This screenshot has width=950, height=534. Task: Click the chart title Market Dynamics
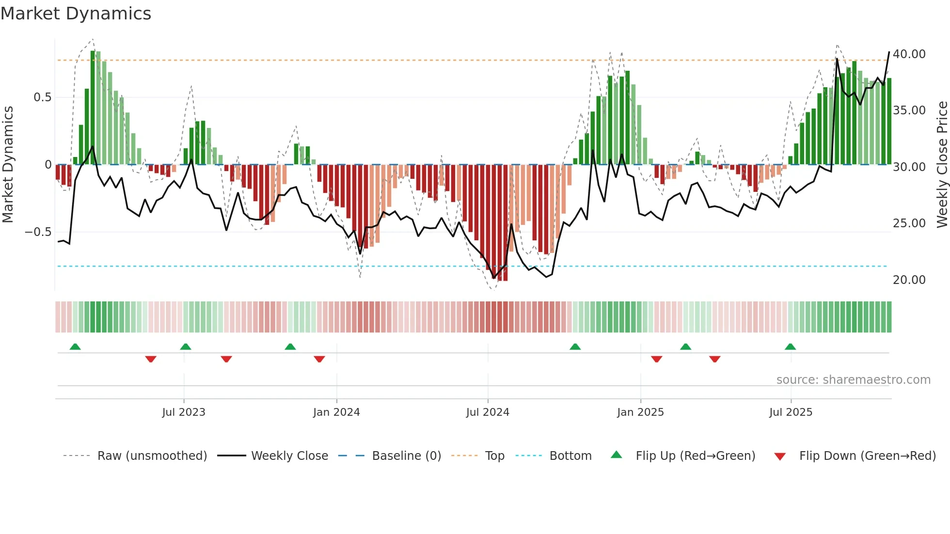pos(76,14)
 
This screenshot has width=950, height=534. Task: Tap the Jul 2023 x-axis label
pos(184,412)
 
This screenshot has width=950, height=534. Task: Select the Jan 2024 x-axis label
pos(336,412)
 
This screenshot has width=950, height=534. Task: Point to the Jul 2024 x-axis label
pos(488,412)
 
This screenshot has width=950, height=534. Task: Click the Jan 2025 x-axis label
pos(640,412)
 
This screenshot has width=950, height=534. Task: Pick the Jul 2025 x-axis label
pos(791,412)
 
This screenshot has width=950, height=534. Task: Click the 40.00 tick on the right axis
pos(909,54)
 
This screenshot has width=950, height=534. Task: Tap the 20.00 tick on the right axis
pos(909,280)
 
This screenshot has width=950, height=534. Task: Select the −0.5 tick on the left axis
pos(38,232)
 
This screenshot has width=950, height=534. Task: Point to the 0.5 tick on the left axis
pos(42,97)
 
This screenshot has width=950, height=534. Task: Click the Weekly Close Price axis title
pos(942,165)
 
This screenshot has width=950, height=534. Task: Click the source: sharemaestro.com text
pos(853,380)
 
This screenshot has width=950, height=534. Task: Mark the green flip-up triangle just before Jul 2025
pos(790,347)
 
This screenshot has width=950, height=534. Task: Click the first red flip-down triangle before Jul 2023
pos(151,359)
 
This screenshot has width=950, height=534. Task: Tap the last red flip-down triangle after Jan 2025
pos(714,359)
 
